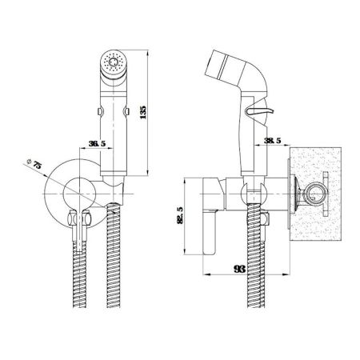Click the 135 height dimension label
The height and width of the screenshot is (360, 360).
(x=143, y=112)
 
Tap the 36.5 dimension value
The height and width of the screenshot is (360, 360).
(x=97, y=144)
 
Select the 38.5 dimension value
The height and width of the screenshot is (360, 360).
(x=273, y=141)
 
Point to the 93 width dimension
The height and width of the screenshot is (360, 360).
(x=239, y=269)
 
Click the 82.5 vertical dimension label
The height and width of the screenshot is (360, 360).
(x=180, y=215)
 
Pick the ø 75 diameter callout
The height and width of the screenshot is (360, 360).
(x=34, y=163)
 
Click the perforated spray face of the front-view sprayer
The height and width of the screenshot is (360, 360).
(x=114, y=62)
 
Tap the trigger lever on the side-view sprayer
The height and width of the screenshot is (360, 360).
(x=260, y=111)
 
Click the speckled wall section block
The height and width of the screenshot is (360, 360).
(x=315, y=194)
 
